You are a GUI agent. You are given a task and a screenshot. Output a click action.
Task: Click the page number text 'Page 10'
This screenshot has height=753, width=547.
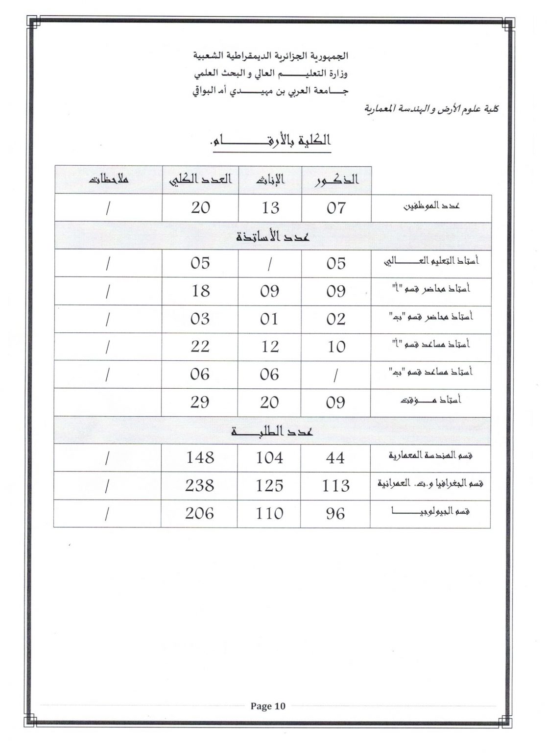[267, 706]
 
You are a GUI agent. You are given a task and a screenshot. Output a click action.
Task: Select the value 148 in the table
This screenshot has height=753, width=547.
[200, 458]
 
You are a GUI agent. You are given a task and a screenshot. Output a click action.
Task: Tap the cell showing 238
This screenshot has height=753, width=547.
[200, 485]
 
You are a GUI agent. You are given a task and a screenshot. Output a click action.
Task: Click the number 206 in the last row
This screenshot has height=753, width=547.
[200, 513]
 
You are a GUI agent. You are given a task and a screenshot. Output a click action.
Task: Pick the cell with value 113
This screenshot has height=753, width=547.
[335, 485]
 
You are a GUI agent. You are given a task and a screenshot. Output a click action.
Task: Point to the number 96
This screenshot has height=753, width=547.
[335, 513]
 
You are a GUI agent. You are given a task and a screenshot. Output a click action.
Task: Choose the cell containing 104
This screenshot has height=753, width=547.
[269, 458]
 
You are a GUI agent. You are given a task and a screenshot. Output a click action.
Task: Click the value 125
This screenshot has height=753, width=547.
[269, 485]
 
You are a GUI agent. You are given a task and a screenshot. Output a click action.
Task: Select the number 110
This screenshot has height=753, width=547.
[269, 513]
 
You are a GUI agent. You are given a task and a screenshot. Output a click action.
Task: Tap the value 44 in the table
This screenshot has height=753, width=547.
[335, 458]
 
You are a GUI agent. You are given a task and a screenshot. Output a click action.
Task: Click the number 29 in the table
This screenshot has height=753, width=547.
[200, 402]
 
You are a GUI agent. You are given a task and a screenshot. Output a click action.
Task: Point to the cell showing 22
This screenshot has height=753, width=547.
[200, 347]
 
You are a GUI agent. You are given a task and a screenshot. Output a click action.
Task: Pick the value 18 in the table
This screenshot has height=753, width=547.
[200, 291]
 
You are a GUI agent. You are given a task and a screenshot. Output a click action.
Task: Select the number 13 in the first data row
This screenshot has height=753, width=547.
[270, 208]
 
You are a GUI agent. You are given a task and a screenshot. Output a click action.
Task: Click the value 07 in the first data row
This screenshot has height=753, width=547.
[336, 208]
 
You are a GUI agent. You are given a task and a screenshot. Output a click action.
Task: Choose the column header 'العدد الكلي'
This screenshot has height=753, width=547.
[200, 179]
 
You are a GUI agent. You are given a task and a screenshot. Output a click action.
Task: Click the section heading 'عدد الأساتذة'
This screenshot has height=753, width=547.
[272, 236]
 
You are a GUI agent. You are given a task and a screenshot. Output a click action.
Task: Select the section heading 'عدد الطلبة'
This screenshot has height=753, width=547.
[272, 431]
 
